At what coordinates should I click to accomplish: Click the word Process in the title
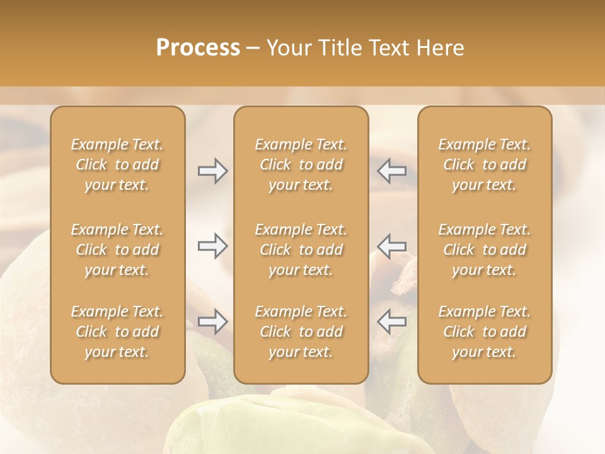(x=198, y=48)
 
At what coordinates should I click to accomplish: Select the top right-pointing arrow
(x=212, y=171)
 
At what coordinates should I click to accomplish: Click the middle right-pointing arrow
(x=212, y=246)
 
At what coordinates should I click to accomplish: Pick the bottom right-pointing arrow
(x=212, y=322)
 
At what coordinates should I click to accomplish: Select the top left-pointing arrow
(x=392, y=171)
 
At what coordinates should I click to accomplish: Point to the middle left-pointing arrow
(x=392, y=246)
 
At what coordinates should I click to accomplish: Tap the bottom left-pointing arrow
(x=392, y=322)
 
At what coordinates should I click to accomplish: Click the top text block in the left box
(x=117, y=165)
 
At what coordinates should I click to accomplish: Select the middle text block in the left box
(x=117, y=250)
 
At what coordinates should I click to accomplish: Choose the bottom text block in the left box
(x=117, y=332)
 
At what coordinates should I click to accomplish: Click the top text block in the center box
(x=301, y=165)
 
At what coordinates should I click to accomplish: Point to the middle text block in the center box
(x=301, y=250)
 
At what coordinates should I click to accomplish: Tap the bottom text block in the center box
(x=301, y=332)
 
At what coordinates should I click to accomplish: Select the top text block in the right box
(x=484, y=165)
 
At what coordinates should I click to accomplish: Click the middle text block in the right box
(x=484, y=250)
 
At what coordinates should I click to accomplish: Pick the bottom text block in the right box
(x=484, y=332)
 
